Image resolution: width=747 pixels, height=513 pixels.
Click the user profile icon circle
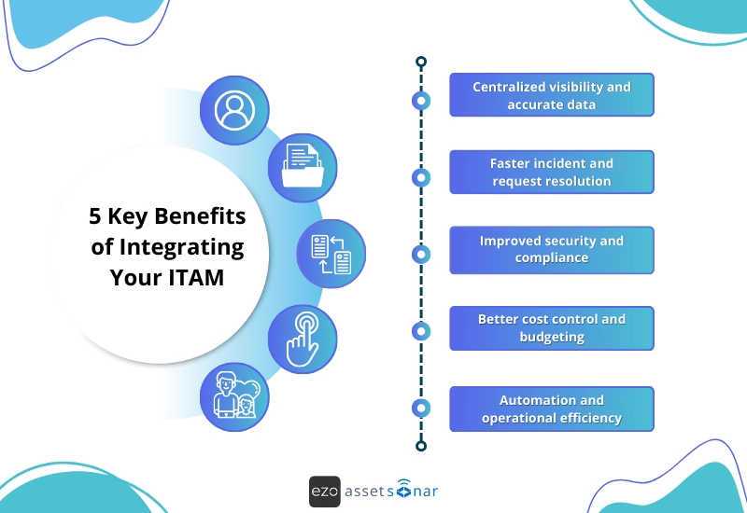point(234,110)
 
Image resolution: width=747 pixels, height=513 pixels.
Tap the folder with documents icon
point(303,168)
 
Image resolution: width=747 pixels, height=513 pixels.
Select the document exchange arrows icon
point(331,254)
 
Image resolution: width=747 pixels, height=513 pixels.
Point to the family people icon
point(234,396)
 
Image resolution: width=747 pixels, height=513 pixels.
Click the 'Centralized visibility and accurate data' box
point(551,95)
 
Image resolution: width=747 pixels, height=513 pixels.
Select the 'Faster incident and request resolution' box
point(551,172)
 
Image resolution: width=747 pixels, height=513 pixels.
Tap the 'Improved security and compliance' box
point(551,249)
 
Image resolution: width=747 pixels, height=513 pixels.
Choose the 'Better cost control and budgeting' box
point(551,327)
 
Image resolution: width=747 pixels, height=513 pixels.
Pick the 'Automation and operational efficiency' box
point(551,409)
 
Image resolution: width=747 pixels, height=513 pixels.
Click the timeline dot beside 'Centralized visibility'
point(421,100)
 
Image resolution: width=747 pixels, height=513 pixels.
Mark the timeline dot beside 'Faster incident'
point(421,177)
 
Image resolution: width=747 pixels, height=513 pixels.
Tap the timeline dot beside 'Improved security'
point(421,254)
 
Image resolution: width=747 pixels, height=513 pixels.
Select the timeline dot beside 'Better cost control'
point(421,330)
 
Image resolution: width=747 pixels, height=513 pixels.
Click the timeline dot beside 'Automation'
point(421,408)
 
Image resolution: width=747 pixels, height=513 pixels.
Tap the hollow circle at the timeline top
point(421,62)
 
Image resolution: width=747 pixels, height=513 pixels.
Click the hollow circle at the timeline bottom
point(421,446)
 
